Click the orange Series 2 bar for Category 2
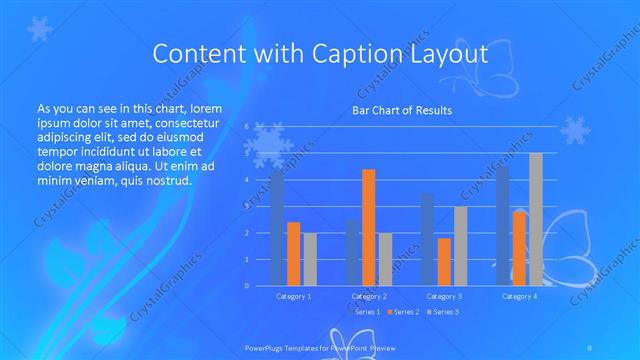pos(369,227)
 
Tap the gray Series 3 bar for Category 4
pos(536,219)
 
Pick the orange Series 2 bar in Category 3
pos(444,262)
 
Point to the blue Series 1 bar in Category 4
pos(503,226)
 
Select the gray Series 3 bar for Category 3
pos(460,246)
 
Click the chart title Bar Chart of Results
pos(403,110)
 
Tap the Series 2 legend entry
pos(403,312)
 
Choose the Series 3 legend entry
pos(443,312)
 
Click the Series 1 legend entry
pos(363,312)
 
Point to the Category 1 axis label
pos(294,297)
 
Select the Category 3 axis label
pos(444,297)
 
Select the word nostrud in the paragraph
pos(164,180)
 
